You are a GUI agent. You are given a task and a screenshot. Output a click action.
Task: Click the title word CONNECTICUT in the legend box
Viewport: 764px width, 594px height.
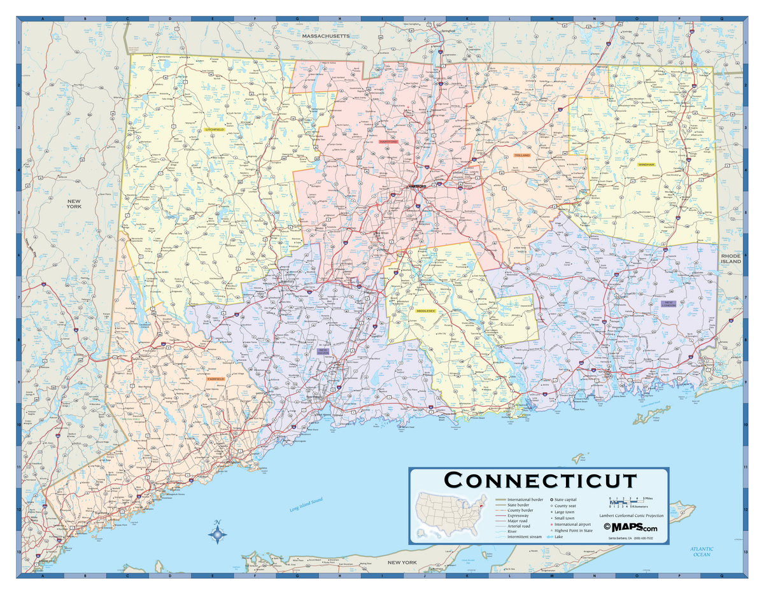coord(539,480)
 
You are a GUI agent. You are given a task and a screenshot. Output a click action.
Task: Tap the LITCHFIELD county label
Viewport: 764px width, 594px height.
coord(215,129)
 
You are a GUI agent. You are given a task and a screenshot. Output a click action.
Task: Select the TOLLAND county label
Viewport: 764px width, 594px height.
coord(522,155)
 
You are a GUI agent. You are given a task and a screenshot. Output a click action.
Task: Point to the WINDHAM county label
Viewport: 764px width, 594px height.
coord(646,164)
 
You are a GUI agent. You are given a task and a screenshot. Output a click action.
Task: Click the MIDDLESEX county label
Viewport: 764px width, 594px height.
coord(425,311)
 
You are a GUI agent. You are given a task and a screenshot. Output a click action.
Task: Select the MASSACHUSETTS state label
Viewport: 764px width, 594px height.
coord(326,37)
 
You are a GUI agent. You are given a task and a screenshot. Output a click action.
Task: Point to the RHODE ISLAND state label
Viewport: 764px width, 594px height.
coord(731,258)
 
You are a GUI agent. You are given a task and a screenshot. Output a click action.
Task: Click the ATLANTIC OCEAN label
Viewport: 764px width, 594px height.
coord(702,551)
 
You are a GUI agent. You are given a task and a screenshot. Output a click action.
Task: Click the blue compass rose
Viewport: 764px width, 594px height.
coord(218,534)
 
